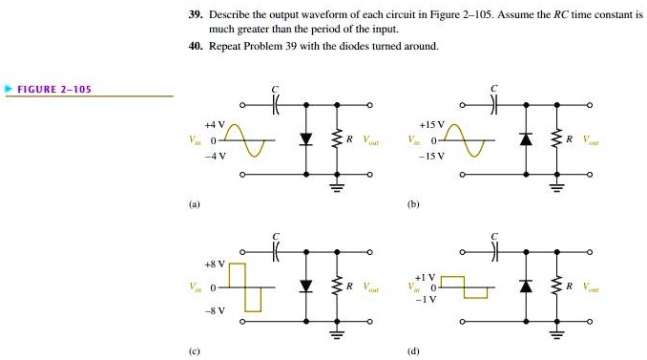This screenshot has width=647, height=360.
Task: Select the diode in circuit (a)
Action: [305, 139]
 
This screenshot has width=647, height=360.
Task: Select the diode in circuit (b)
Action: [526, 139]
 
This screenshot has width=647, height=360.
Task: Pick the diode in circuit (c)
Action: [305, 286]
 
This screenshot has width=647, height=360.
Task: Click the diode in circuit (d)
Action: [526, 286]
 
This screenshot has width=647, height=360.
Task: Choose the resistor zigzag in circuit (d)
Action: [556, 286]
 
